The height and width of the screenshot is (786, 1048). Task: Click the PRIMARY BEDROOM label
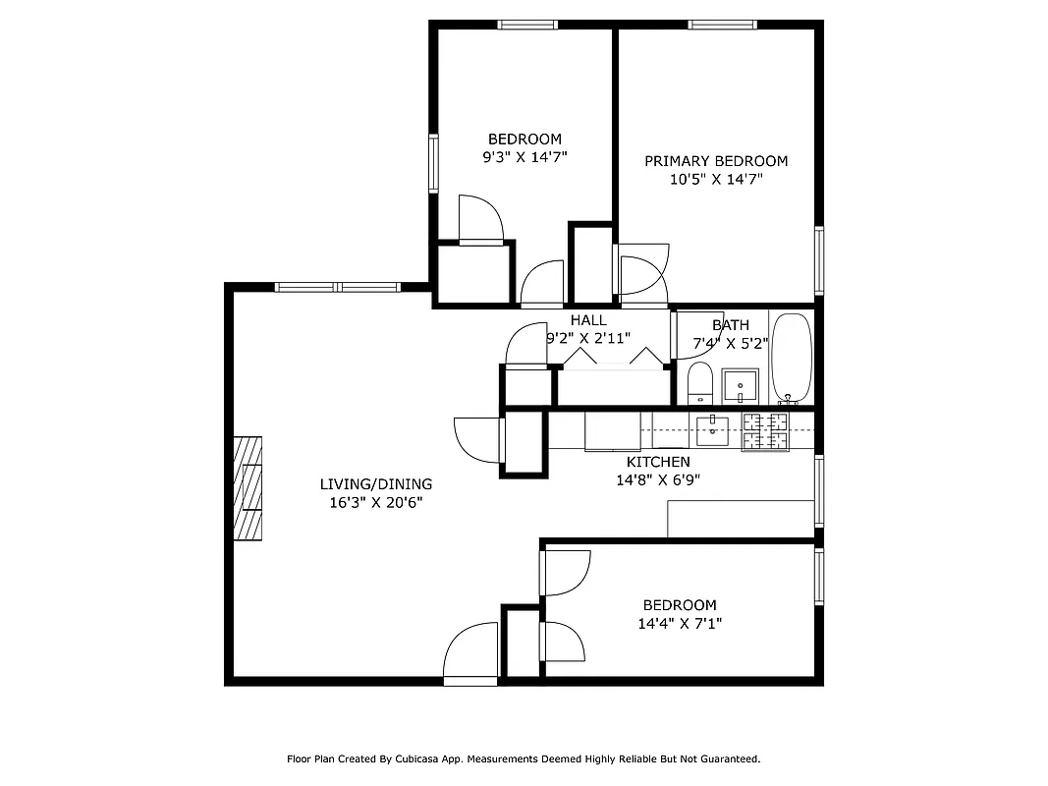715,161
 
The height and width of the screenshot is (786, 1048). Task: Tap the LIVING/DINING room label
376,484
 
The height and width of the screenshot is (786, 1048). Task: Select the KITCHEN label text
658,462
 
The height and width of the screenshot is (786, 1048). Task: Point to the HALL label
588,320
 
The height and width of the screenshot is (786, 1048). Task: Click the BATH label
731,325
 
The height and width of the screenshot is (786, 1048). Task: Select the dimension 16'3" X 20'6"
376,502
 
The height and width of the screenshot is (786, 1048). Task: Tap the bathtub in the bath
792,358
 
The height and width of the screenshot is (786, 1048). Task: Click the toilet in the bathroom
699,382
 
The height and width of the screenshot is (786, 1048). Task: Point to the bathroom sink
740,385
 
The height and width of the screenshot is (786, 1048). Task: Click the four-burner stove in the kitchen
765,430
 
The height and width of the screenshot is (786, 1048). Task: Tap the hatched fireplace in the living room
248,488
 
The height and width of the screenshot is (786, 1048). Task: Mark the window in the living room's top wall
337,287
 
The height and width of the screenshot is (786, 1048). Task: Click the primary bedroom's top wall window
722,25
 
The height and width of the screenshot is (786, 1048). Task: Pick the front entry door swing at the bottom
472,652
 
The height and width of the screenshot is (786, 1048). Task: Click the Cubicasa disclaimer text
524,759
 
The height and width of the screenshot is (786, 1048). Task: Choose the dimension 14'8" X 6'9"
658,480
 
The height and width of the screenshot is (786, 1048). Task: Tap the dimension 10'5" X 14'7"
715,180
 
